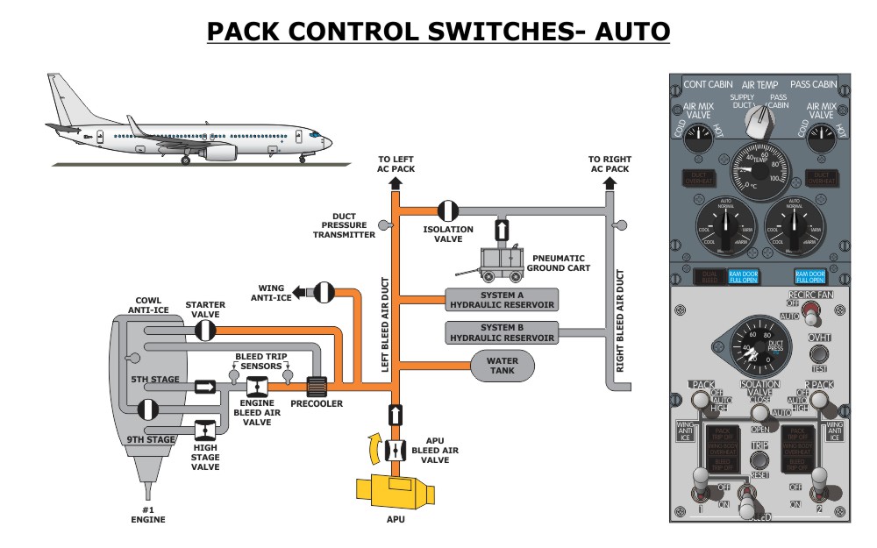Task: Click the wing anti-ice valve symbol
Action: (x=324, y=292)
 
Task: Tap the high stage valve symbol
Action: (x=204, y=431)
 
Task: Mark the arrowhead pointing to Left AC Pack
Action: (x=394, y=182)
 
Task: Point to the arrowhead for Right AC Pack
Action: (x=610, y=182)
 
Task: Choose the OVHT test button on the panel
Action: (x=819, y=354)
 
